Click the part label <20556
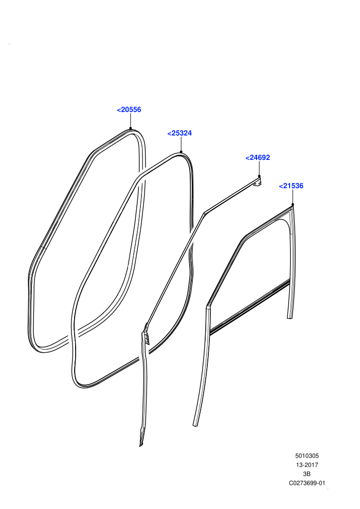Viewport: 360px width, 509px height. click(x=129, y=110)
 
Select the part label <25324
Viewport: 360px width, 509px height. click(x=179, y=133)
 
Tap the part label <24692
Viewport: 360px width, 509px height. click(x=258, y=157)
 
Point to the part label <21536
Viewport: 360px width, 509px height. click(x=291, y=186)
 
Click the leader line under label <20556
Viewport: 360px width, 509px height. click(x=130, y=121)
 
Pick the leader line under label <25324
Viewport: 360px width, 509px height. click(x=181, y=144)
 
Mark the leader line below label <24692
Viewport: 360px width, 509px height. click(x=259, y=169)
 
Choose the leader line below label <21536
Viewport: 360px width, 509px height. click(x=293, y=197)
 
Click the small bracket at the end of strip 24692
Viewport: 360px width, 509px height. click(x=258, y=182)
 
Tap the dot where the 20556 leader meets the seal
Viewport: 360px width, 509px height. click(x=130, y=129)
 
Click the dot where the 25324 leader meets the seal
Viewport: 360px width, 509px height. click(x=181, y=152)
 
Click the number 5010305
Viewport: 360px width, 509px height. click(x=307, y=456)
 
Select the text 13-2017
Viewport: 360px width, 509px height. click(x=307, y=465)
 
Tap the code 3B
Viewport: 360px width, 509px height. click(x=307, y=474)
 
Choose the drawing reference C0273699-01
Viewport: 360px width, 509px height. click(x=307, y=483)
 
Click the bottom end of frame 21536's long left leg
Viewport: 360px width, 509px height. click(x=195, y=425)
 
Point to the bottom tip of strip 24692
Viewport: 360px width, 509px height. click(x=141, y=445)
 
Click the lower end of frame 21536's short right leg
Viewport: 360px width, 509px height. click(x=290, y=317)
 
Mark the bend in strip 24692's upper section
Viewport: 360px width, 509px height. click(x=204, y=213)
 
